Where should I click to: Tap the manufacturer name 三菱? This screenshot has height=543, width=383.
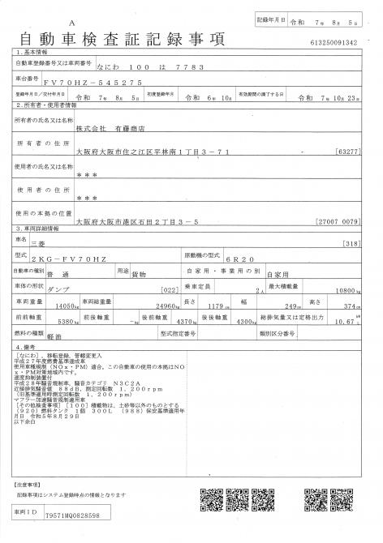(x=82, y=242)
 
